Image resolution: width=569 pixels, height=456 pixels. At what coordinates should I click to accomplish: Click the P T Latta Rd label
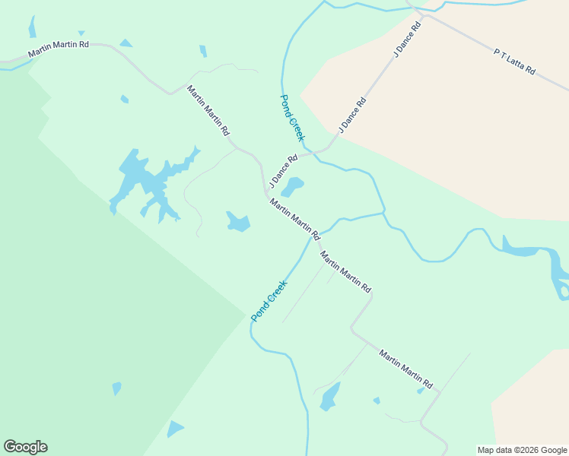click(x=515, y=62)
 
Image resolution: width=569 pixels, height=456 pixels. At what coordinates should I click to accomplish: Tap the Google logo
click(x=25, y=447)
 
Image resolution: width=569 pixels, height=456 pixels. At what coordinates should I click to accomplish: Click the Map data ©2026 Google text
click(x=523, y=450)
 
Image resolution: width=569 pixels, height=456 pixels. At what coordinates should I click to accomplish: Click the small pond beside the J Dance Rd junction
click(x=294, y=186)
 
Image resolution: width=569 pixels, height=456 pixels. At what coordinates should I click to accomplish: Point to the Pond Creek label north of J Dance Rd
click(x=292, y=118)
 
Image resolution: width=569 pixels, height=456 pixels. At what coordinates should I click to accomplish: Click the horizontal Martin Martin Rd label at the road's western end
click(x=59, y=49)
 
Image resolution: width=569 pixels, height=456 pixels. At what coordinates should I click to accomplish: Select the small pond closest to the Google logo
click(x=175, y=429)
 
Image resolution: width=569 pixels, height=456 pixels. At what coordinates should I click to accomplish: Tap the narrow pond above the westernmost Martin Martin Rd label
click(x=32, y=27)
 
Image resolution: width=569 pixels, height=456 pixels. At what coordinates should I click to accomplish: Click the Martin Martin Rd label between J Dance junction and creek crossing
click(x=294, y=217)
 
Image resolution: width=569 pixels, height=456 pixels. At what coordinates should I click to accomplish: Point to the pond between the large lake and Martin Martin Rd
click(x=238, y=222)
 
